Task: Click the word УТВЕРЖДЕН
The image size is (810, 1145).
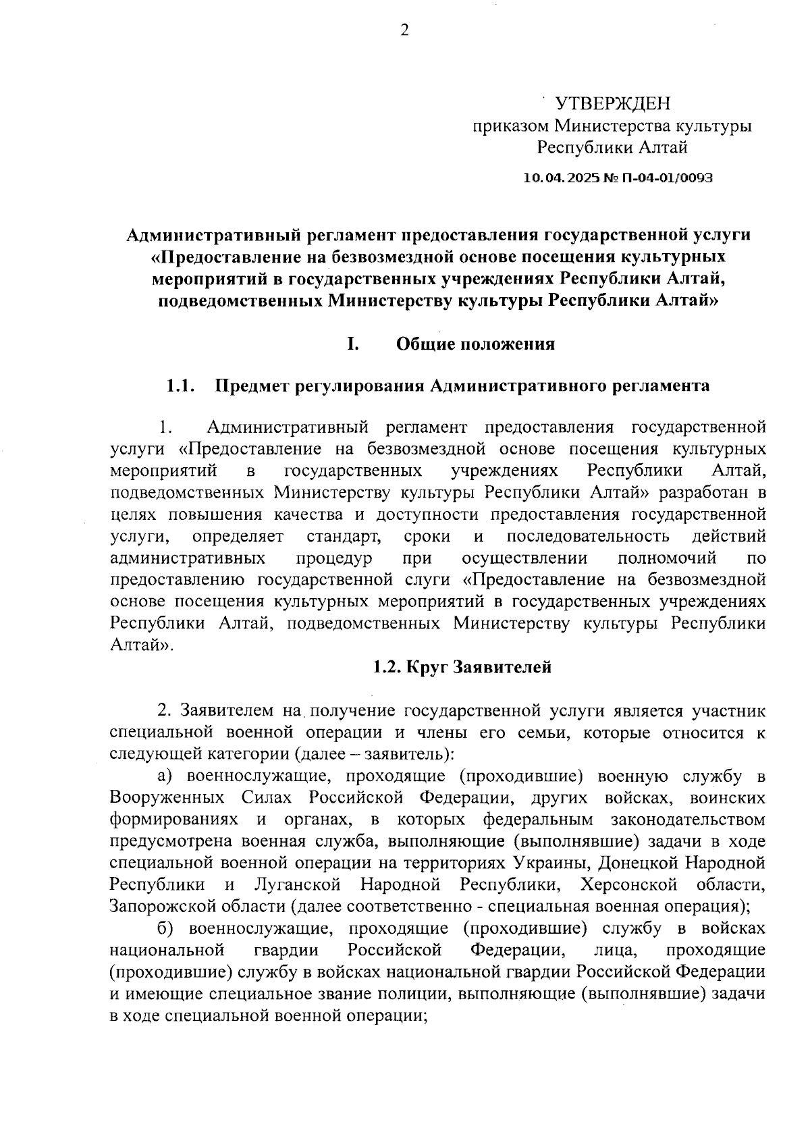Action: tap(613, 103)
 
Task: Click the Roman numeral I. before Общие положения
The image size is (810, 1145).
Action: tap(352, 344)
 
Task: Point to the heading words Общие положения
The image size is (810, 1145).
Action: tap(475, 344)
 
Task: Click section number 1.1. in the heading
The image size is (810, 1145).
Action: tap(181, 386)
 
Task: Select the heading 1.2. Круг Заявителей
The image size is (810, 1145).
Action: tap(462, 668)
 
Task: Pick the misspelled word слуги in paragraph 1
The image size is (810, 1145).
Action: tap(430, 580)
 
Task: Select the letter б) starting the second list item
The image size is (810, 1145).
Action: tap(166, 929)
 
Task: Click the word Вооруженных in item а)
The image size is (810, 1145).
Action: tap(167, 798)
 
